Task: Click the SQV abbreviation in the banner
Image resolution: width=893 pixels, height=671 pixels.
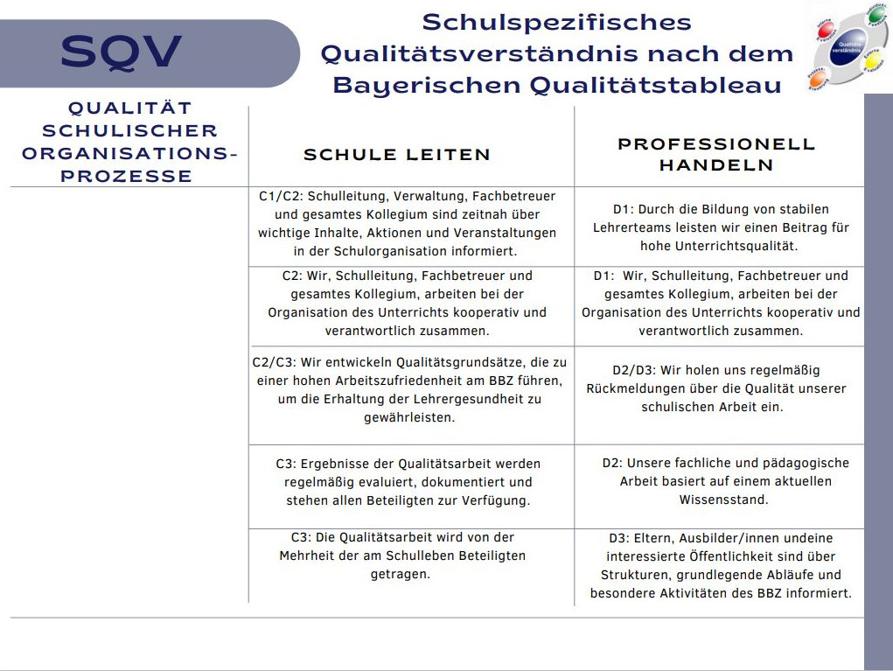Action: (122, 52)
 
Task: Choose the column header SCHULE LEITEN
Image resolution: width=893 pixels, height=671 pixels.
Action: (397, 155)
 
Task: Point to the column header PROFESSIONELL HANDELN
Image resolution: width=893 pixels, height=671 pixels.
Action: (716, 154)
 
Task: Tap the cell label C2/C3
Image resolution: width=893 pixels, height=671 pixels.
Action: (274, 362)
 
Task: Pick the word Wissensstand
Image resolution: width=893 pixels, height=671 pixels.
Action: (723, 500)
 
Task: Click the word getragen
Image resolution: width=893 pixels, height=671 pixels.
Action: (401, 574)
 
